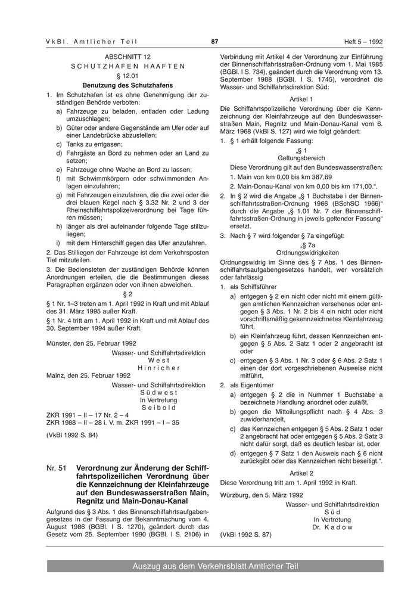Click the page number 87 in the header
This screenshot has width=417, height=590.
[x=214, y=41]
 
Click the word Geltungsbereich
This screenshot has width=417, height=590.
[x=301, y=158]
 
